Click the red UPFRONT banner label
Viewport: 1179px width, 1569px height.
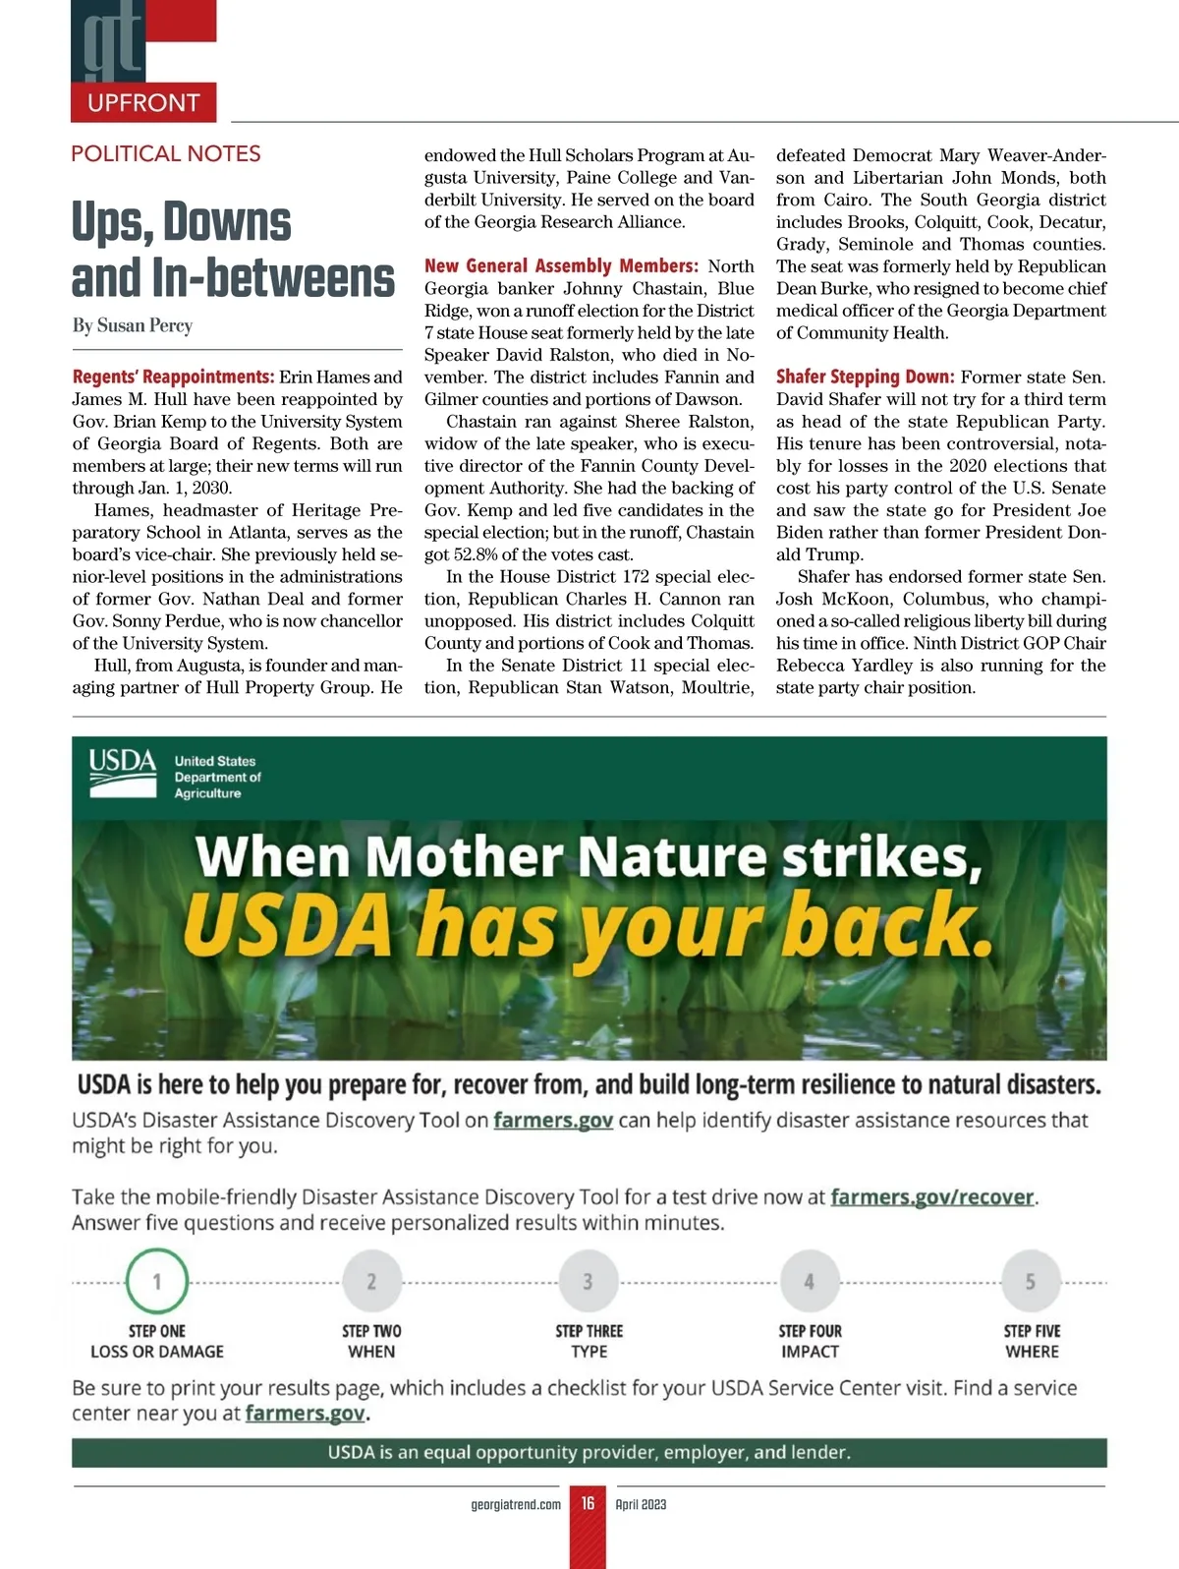click(x=143, y=102)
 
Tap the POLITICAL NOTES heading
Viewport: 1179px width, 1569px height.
click(x=166, y=153)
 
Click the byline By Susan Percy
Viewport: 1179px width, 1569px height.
click(x=132, y=325)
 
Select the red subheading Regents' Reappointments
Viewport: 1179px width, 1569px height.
click(x=173, y=378)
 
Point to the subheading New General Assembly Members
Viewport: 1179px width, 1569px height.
click(x=561, y=266)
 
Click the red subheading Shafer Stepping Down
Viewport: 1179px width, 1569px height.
click(x=865, y=378)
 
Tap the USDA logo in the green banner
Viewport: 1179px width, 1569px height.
click(x=123, y=773)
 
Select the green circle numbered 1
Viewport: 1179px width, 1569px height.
click(x=157, y=1281)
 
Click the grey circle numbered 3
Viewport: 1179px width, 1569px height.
click(x=588, y=1281)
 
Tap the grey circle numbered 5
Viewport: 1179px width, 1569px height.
click(x=1030, y=1281)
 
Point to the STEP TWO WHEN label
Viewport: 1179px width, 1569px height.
click(x=371, y=1341)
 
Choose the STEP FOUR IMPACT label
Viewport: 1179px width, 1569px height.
click(x=810, y=1341)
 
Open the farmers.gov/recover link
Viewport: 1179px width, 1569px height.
click(x=932, y=1197)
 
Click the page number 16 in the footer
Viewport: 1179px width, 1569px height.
click(x=588, y=1503)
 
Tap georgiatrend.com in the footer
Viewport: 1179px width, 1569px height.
click(x=516, y=1504)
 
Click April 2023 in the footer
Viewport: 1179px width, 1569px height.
click(x=641, y=1504)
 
